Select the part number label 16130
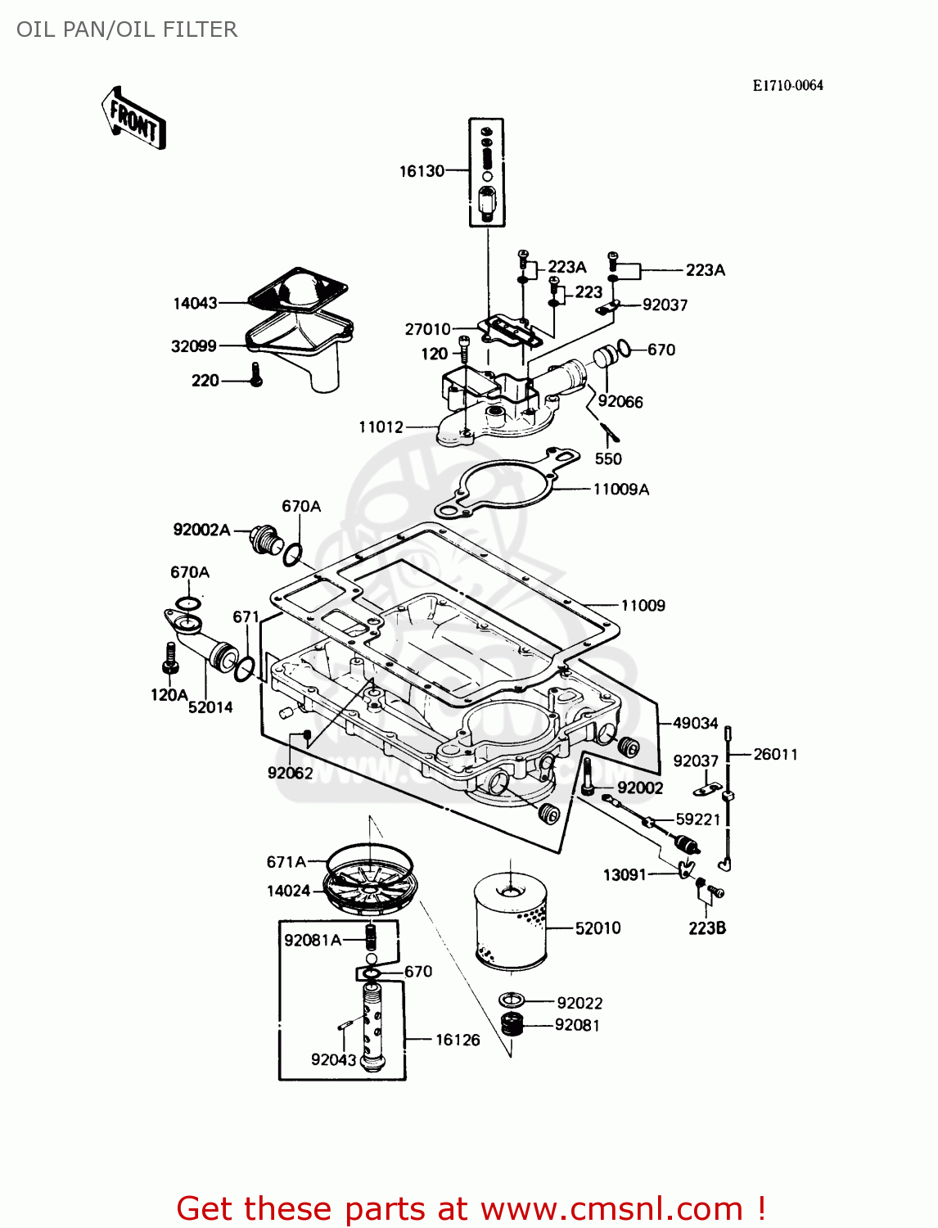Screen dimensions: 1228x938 click(x=422, y=171)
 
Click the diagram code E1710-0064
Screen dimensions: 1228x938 click(x=787, y=86)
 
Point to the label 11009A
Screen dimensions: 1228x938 click(x=620, y=490)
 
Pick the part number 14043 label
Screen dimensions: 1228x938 click(x=195, y=304)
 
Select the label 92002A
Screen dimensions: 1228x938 click(x=201, y=530)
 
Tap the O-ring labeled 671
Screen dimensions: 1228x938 click(x=244, y=669)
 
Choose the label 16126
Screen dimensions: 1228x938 click(x=458, y=1040)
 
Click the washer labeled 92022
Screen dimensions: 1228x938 click(x=512, y=1000)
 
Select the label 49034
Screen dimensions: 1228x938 click(x=695, y=723)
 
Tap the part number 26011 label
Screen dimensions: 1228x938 click(x=774, y=754)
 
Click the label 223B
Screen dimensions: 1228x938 click(x=706, y=928)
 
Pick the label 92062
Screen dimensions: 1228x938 click(x=290, y=773)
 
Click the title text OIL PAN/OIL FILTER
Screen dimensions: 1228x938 click(x=127, y=29)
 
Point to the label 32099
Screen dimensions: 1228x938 click(x=193, y=346)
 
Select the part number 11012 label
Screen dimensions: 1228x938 click(x=381, y=427)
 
